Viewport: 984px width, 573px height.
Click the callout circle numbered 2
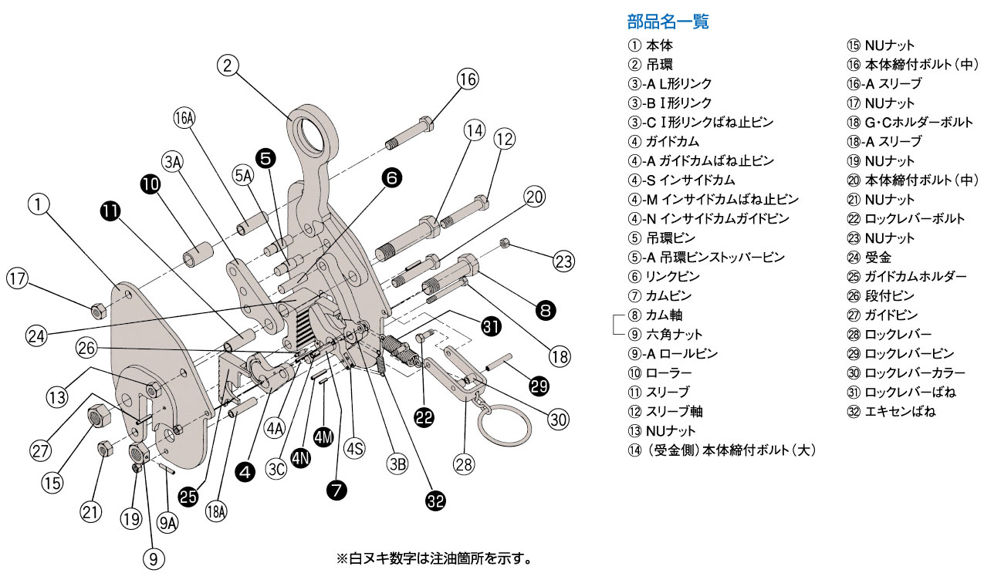[x=227, y=66]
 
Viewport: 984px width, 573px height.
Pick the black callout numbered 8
[x=546, y=310]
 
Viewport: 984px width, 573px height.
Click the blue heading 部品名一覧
[x=668, y=22]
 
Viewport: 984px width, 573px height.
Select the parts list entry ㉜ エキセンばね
[x=891, y=412]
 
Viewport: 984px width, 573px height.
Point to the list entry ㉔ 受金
[x=868, y=258]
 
